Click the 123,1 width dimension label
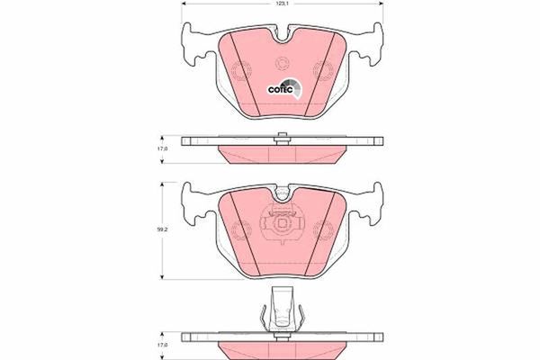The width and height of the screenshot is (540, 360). pos(283,4)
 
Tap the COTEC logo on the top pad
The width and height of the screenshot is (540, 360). pos(284,88)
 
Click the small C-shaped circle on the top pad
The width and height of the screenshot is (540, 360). pos(283,64)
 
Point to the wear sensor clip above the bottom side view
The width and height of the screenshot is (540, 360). pos(282,310)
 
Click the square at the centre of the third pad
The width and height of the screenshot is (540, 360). pos(282,224)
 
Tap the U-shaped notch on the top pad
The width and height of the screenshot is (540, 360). pos(282,37)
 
